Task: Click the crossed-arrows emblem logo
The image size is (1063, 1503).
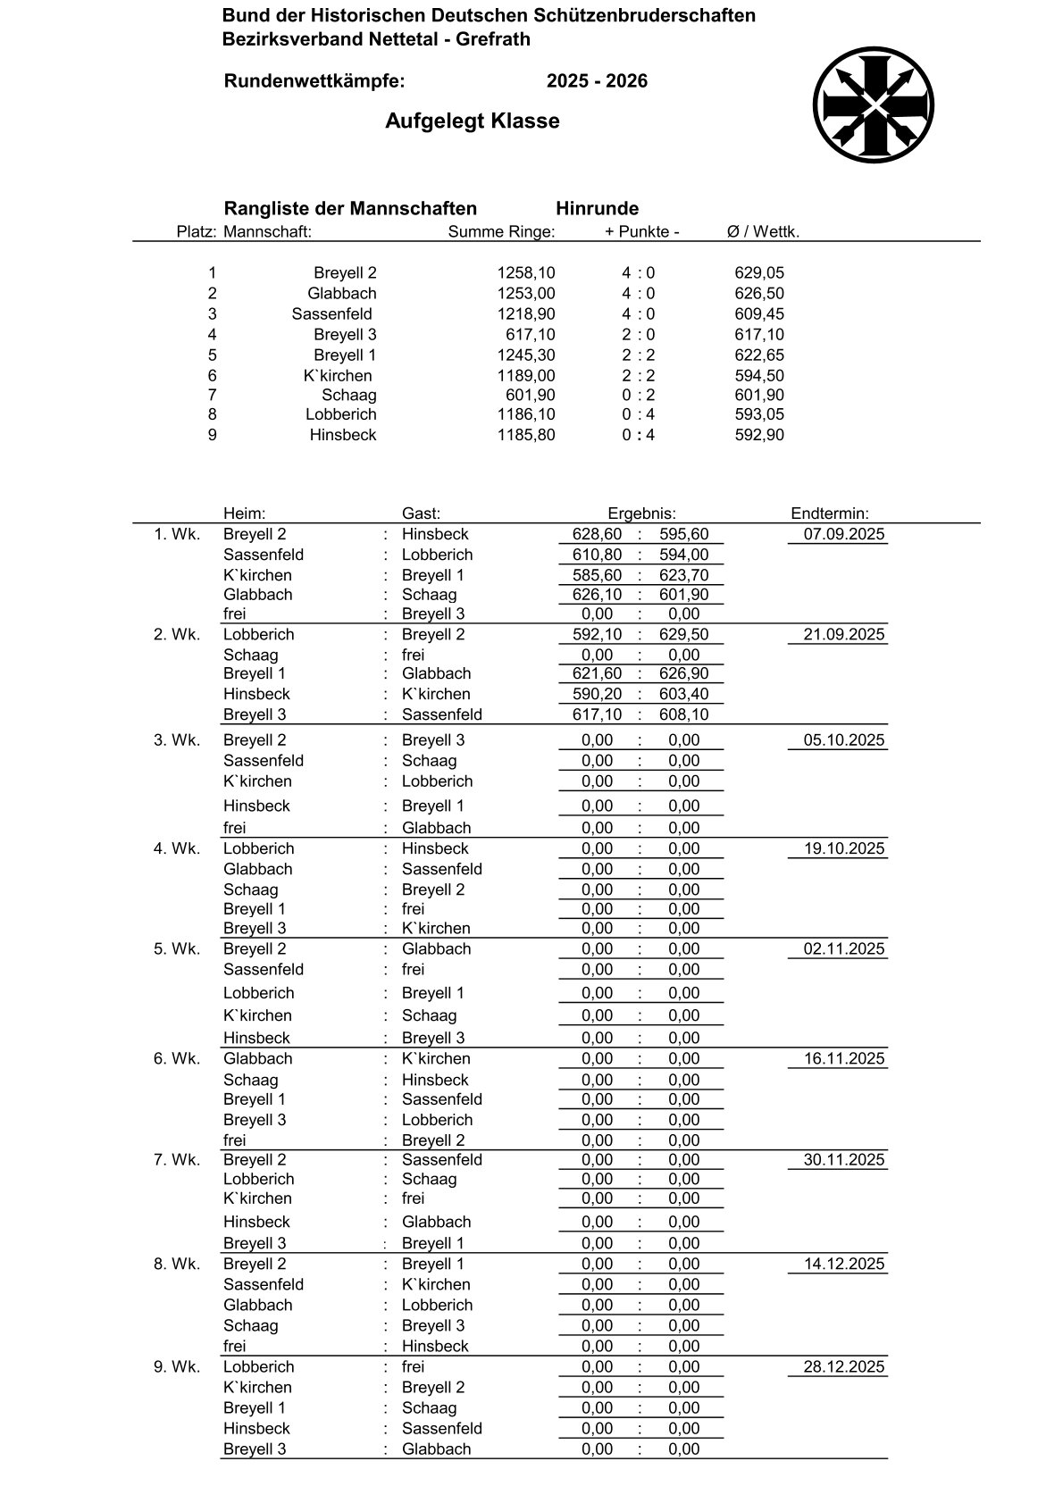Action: point(874,105)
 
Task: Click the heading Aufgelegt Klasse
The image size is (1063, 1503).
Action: point(472,121)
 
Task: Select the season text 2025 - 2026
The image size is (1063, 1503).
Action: point(597,81)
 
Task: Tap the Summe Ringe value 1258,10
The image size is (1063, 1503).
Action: point(526,273)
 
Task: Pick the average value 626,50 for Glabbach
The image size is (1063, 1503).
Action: point(759,294)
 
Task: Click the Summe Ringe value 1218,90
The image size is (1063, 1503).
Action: point(526,314)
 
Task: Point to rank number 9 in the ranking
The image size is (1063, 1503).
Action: point(212,436)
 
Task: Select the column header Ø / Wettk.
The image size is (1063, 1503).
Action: point(763,232)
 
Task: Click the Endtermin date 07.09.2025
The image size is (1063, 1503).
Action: point(844,535)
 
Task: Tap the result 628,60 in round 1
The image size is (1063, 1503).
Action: point(597,535)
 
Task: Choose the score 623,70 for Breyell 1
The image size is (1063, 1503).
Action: point(683,576)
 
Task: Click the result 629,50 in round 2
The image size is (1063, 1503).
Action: point(683,635)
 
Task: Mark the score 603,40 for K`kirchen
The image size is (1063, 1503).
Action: point(683,695)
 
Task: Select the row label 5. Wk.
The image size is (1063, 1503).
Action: point(177,949)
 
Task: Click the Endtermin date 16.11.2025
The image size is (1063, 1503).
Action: point(844,1059)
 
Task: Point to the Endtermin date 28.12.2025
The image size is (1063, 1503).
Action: point(844,1367)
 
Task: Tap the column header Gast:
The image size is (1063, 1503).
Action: point(421,514)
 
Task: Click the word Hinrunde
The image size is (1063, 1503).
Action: point(597,209)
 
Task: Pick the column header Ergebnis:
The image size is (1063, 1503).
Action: point(641,514)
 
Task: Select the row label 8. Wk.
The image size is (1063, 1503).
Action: point(177,1265)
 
